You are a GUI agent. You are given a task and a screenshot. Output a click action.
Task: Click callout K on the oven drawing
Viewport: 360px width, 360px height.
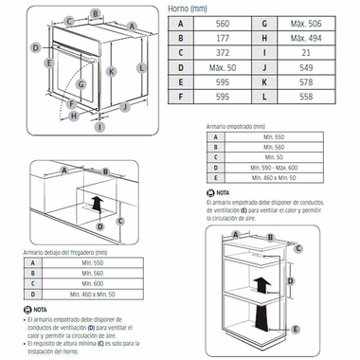click(112, 70)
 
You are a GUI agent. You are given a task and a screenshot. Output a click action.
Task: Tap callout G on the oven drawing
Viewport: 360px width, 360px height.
click(81, 83)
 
